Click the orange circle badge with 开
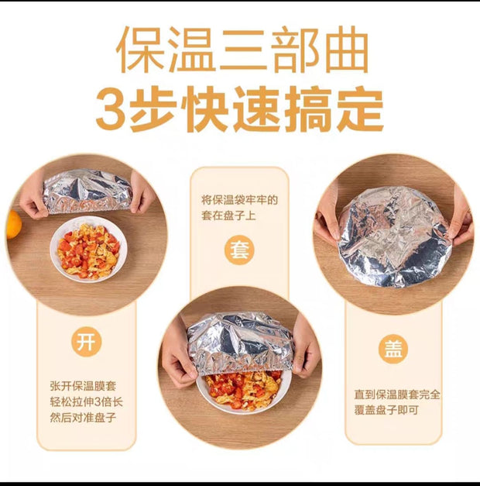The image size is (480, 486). pyautogui.click(x=87, y=342)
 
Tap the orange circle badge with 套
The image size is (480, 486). pyautogui.click(x=240, y=250)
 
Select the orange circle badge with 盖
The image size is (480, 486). pyautogui.click(x=393, y=349)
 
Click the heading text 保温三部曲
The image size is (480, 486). pyautogui.click(x=242, y=49)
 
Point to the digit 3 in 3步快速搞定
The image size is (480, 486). pyautogui.click(x=111, y=110)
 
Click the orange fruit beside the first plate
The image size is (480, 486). pyautogui.click(x=14, y=225)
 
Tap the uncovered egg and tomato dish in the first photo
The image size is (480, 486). pyautogui.click(x=88, y=250)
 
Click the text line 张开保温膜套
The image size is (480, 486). pyautogui.click(x=83, y=386)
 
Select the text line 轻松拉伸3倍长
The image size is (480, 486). pyautogui.click(x=87, y=402)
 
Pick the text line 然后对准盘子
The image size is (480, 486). pyautogui.click(x=83, y=418)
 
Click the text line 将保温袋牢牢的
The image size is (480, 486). pyautogui.click(x=240, y=200)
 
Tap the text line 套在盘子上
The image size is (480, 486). pyautogui.click(x=229, y=215)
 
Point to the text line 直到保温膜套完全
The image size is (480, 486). pyautogui.click(x=397, y=395)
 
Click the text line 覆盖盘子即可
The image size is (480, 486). pyautogui.click(x=386, y=410)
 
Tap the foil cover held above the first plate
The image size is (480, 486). pyautogui.click(x=87, y=191)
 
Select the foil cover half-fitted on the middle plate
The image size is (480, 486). pyautogui.click(x=240, y=343)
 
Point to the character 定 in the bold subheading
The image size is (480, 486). pyautogui.click(x=361, y=109)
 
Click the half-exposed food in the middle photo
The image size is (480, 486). pyautogui.click(x=244, y=390)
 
